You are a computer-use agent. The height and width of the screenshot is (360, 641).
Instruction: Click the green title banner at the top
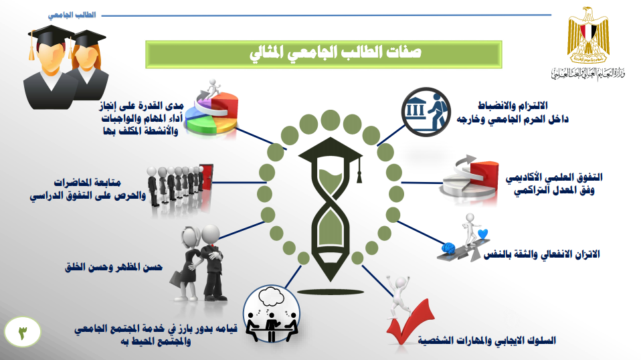click(324, 54)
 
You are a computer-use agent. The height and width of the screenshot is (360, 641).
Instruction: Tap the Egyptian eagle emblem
click(588, 35)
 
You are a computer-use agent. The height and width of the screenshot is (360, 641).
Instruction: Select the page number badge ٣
click(23, 332)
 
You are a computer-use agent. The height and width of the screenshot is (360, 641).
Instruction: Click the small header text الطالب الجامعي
click(72, 15)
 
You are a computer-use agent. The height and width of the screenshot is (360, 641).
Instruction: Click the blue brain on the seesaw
click(448, 248)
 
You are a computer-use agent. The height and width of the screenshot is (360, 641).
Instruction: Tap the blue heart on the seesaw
click(483, 234)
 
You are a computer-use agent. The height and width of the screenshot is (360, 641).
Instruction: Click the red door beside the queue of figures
click(207, 177)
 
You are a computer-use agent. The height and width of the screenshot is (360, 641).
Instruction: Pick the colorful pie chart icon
click(211, 110)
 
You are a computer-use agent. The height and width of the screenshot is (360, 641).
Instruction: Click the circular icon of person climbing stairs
click(426, 112)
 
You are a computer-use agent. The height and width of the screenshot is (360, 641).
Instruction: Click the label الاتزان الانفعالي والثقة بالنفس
click(542, 254)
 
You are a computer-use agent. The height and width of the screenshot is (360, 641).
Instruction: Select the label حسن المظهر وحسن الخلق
click(114, 267)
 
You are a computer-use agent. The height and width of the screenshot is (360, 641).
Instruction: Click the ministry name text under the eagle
click(588, 73)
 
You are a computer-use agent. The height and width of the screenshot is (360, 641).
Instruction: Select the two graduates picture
click(66, 68)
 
